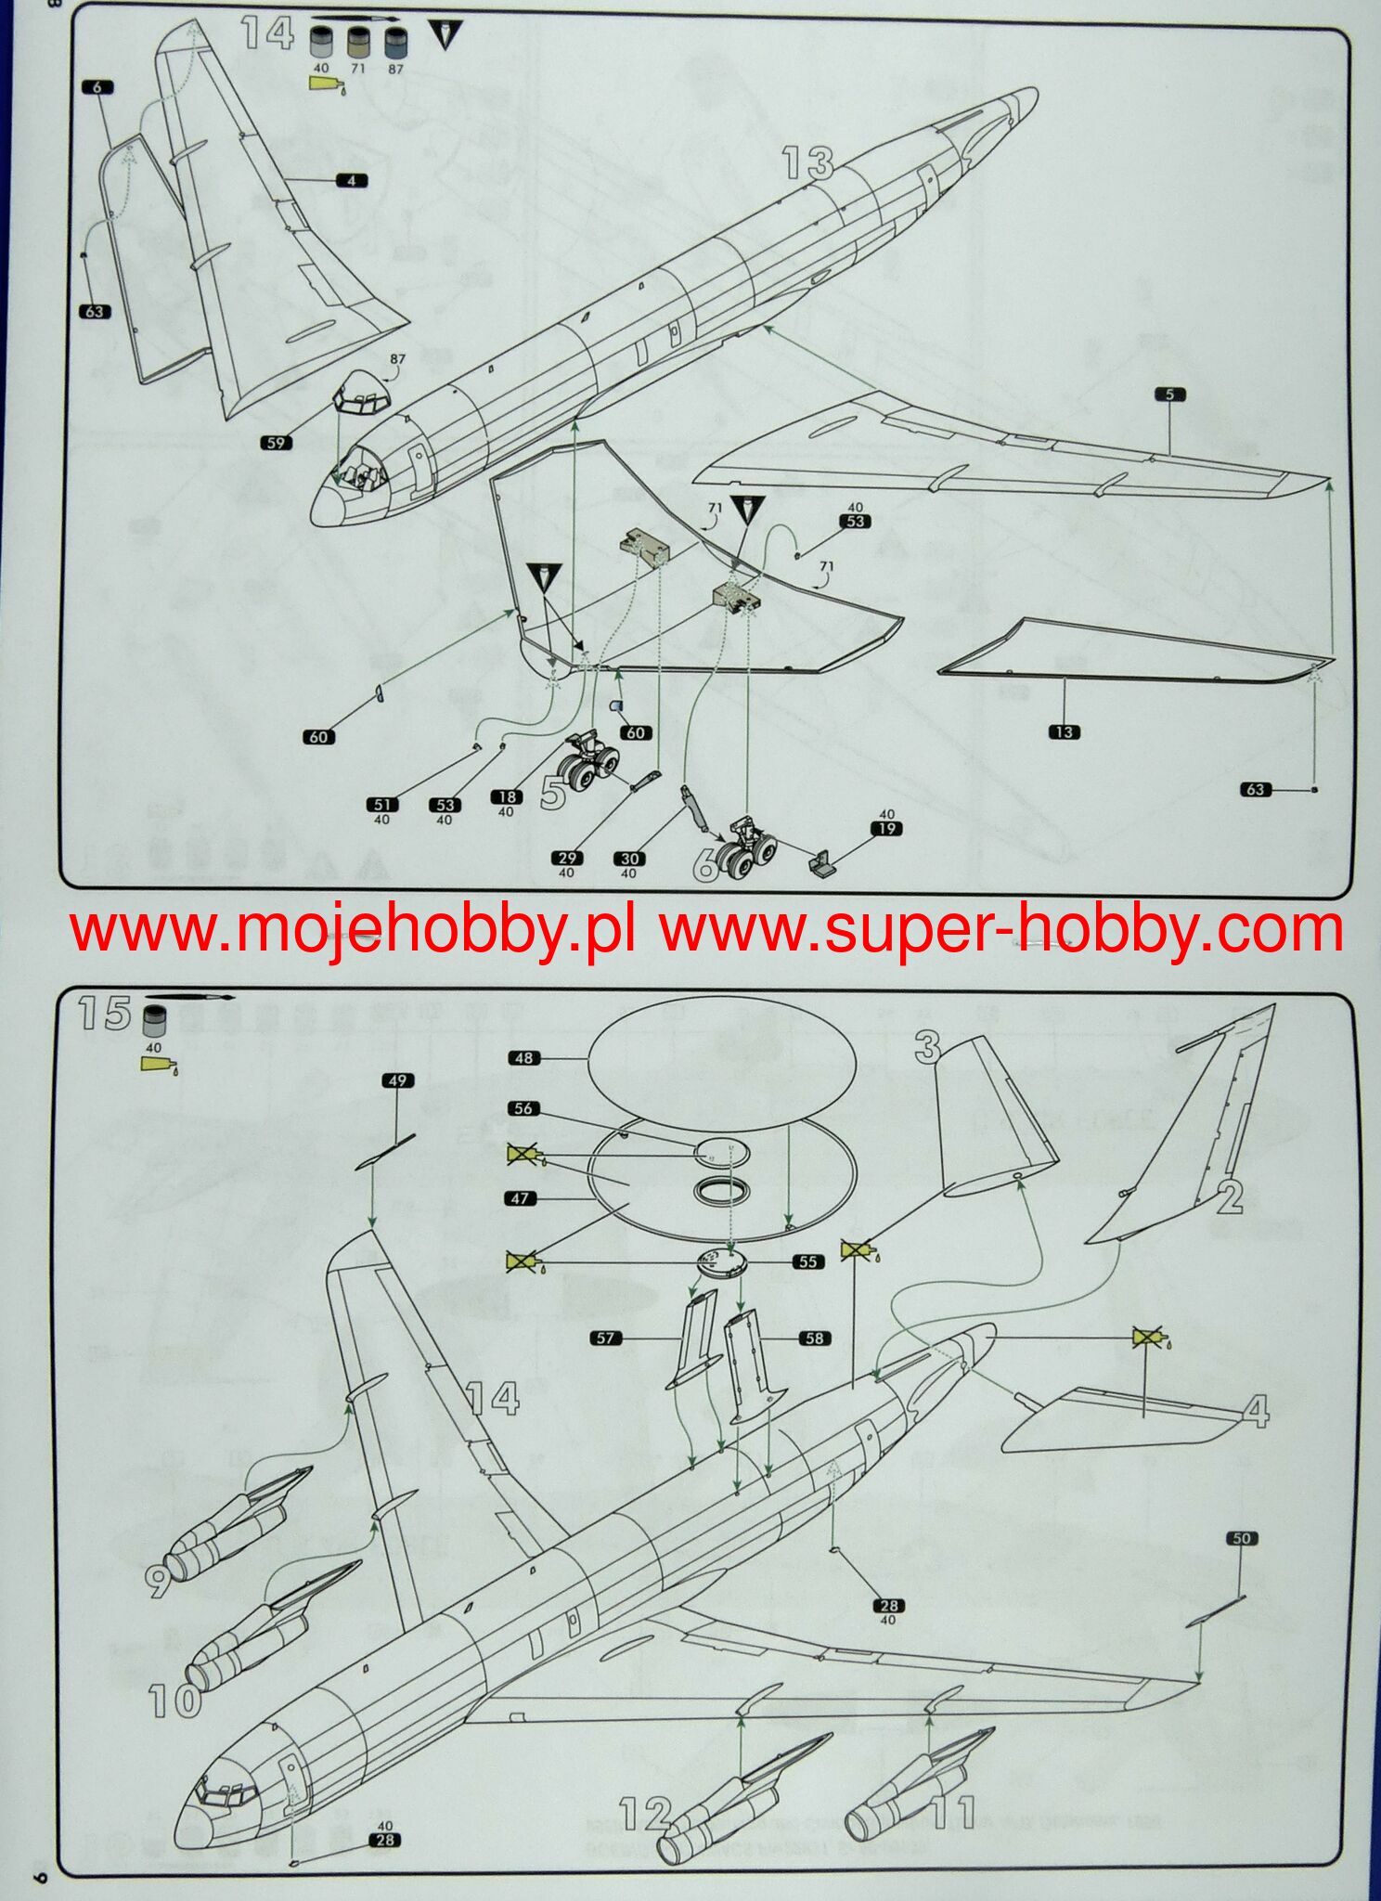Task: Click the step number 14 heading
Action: (267, 34)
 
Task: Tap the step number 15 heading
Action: (105, 1013)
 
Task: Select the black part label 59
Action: (276, 443)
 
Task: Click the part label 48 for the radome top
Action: (524, 1058)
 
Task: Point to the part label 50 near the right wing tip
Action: (1242, 1538)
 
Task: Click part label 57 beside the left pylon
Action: (606, 1338)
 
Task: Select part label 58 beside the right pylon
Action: (814, 1338)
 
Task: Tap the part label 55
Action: (807, 1261)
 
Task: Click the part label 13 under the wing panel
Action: (1064, 731)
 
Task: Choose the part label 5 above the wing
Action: (1169, 394)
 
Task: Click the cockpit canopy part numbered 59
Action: (363, 394)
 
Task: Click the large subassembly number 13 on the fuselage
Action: (807, 164)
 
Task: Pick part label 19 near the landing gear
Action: (886, 828)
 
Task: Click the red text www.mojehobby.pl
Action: (353, 930)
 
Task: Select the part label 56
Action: (523, 1108)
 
